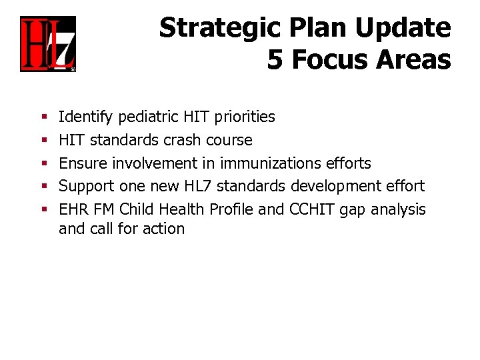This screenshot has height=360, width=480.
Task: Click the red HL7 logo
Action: click(x=48, y=44)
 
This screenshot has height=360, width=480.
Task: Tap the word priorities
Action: click(x=244, y=117)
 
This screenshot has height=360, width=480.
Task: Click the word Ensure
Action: click(x=83, y=163)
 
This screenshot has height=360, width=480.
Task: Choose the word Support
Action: click(x=86, y=187)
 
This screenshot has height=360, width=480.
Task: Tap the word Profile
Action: click(x=231, y=209)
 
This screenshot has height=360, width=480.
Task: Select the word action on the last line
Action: click(x=162, y=229)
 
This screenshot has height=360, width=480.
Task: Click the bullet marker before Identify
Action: click(x=43, y=118)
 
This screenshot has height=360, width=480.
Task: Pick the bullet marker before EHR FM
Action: click(x=43, y=210)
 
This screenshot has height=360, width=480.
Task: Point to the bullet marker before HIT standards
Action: click(x=43, y=141)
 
